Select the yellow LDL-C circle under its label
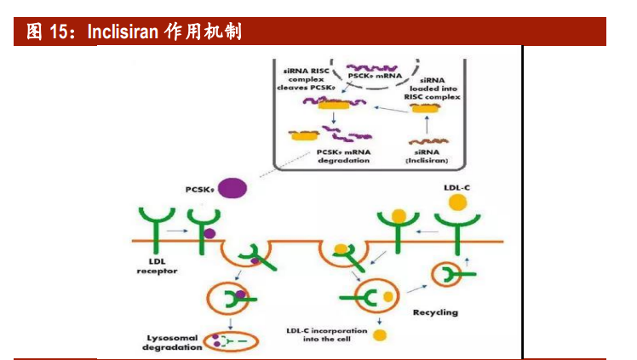point(457,203)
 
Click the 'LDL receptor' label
point(157,266)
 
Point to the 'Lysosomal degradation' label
point(172,341)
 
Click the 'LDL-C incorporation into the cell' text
point(326,334)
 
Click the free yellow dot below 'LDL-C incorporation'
point(378,334)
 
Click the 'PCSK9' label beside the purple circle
point(198,186)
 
